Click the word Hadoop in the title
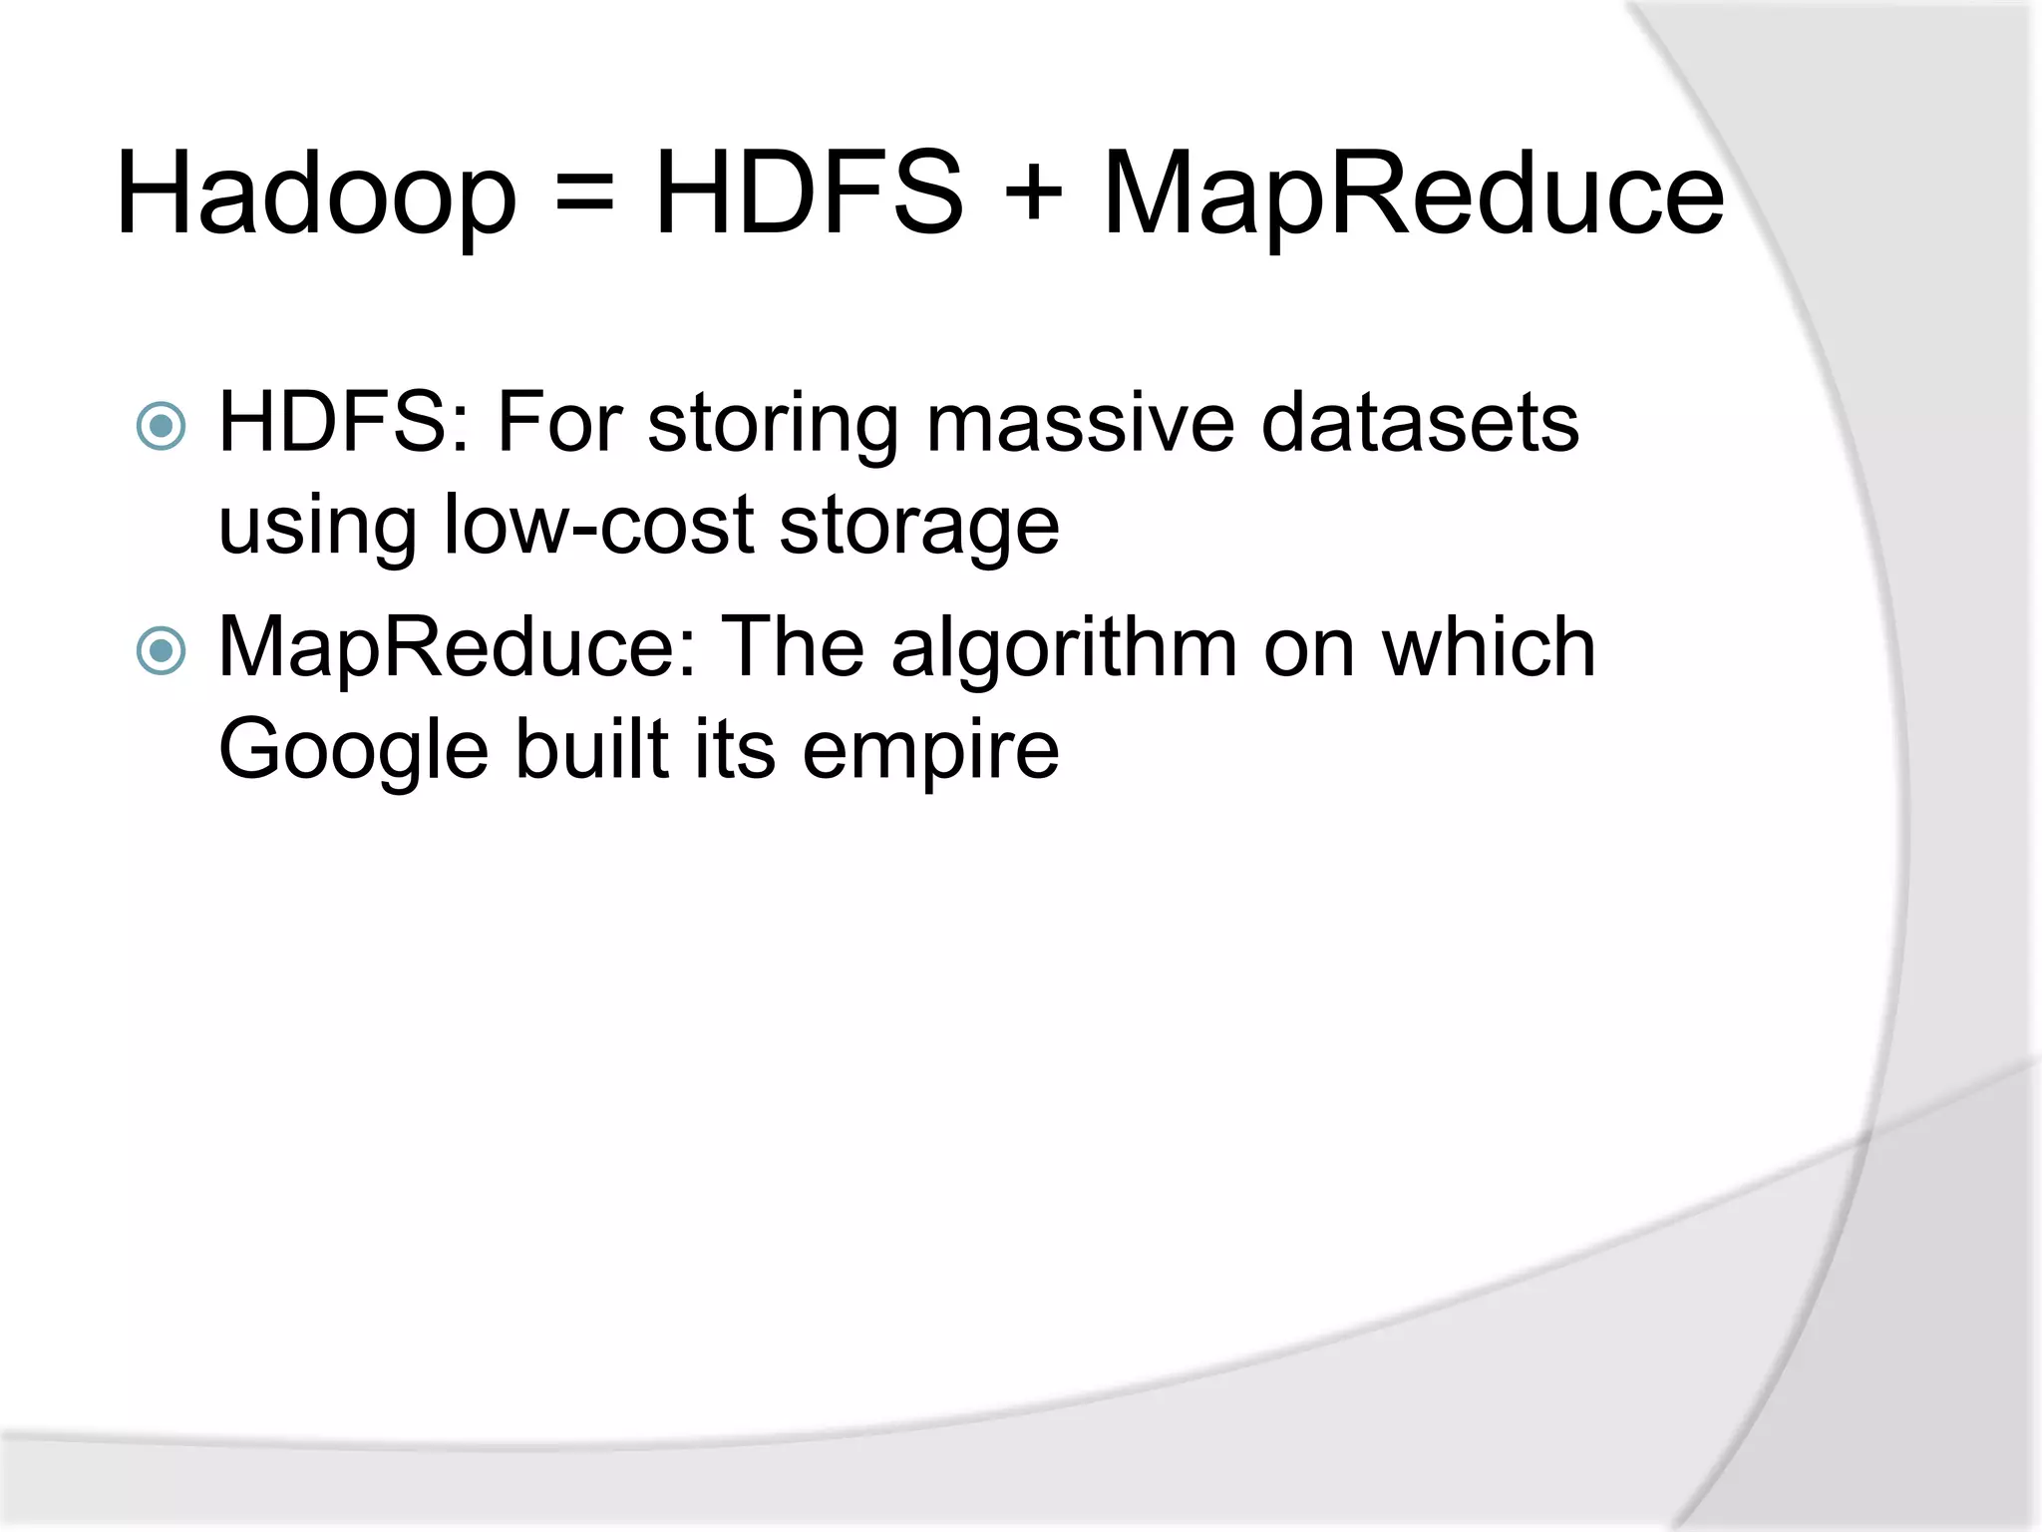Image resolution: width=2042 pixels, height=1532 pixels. (x=316, y=194)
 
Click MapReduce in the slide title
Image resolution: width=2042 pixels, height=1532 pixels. (x=1413, y=194)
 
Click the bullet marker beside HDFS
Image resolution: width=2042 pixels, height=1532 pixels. (x=161, y=427)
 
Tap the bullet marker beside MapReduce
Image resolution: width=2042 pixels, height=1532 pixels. (x=161, y=651)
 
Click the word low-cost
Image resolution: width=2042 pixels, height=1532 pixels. (x=597, y=525)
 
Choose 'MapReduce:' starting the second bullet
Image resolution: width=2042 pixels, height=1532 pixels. (x=457, y=648)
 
